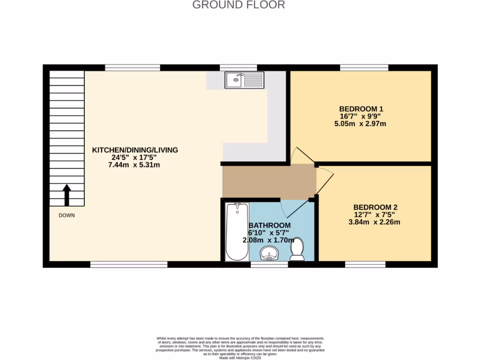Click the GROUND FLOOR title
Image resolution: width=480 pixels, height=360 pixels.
click(x=239, y=5)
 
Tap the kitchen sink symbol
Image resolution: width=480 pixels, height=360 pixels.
click(x=244, y=80)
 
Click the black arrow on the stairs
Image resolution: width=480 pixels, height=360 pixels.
click(x=67, y=195)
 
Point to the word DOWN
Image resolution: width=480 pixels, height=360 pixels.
click(x=67, y=216)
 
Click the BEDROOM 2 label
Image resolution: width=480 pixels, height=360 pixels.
click(x=375, y=207)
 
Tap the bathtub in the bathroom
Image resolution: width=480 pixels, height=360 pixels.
click(x=237, y=232)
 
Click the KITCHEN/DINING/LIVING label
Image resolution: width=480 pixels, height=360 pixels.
click(x=135, y=150)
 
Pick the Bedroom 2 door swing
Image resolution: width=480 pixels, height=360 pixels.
click(x=324, y=180)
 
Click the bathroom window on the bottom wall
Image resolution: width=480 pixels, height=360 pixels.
click(x=269, y=265)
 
